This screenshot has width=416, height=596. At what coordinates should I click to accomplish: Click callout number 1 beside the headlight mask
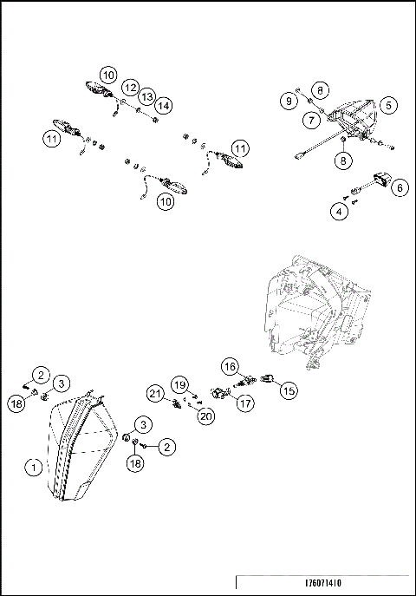pyautogui.click(x=34, y=467)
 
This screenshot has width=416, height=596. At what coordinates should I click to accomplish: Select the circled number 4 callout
pyautogui.click(x=340, y=210)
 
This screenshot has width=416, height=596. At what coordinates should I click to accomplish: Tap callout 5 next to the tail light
pyautogui.click(x=389, y=105)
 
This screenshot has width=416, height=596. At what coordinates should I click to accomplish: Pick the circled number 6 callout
pyautogui.click(x=399, y=186)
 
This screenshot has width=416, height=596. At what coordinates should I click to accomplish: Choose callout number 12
pyautogui.click(x=129, y=87)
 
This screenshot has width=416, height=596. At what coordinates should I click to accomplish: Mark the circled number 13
pyautogui.click(x=147, y=95)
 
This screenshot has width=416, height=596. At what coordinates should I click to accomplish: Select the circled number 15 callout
pyautogui.click(x=288, y=390)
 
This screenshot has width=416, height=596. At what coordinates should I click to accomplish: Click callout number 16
pyautogui.click(x=230, y=366)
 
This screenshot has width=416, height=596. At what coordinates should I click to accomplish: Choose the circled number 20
pyautogui.click(x=205, y=416)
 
